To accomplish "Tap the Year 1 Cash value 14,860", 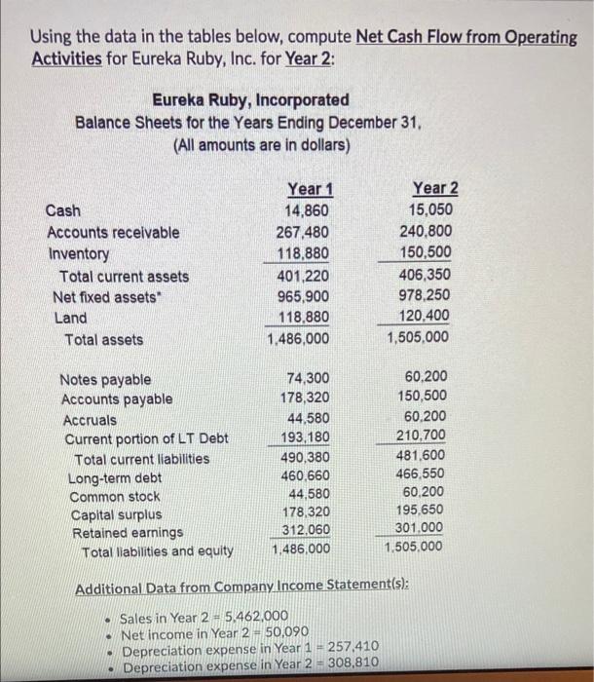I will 308,210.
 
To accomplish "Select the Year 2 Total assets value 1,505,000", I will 418,338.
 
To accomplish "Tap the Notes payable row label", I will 106,379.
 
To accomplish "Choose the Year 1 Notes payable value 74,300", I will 310,378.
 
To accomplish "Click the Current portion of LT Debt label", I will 146,438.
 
